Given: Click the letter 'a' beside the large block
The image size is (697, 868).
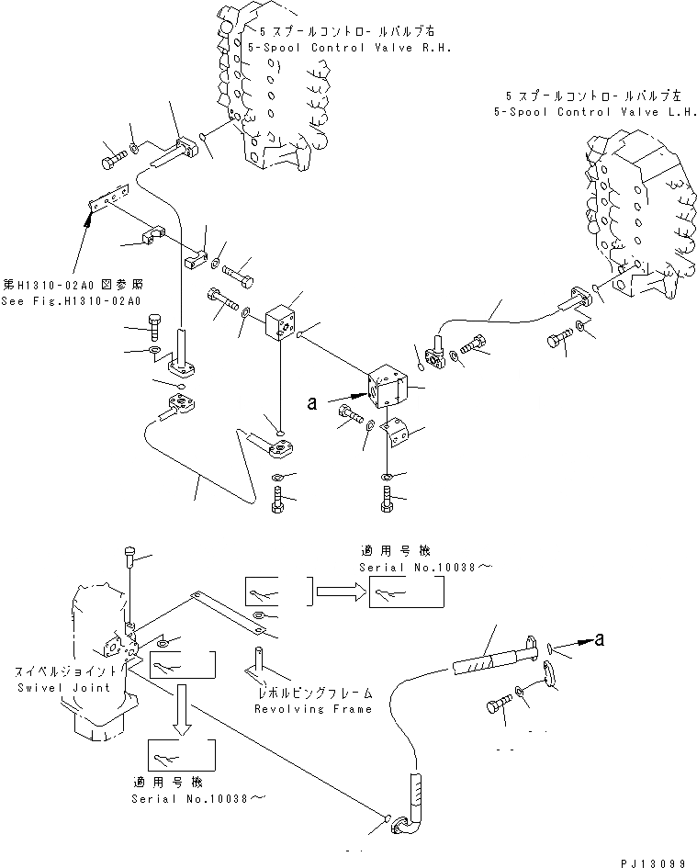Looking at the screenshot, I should [313, 402].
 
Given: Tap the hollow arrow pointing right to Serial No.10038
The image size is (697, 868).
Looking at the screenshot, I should [337, 593].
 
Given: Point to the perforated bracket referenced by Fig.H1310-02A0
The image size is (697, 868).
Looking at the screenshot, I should [109, 201].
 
